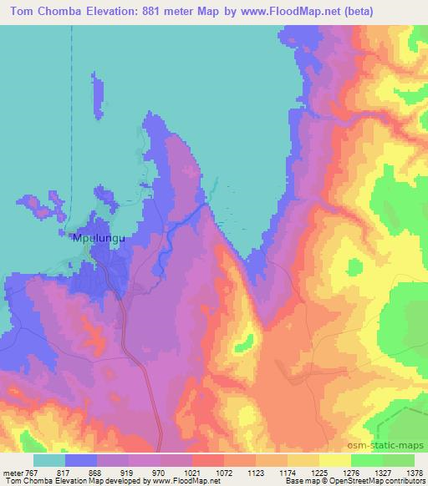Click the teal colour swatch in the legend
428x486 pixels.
pos(49,459)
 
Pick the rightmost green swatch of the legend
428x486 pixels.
pos(399,459)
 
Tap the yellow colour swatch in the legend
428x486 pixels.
pos(335,459)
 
